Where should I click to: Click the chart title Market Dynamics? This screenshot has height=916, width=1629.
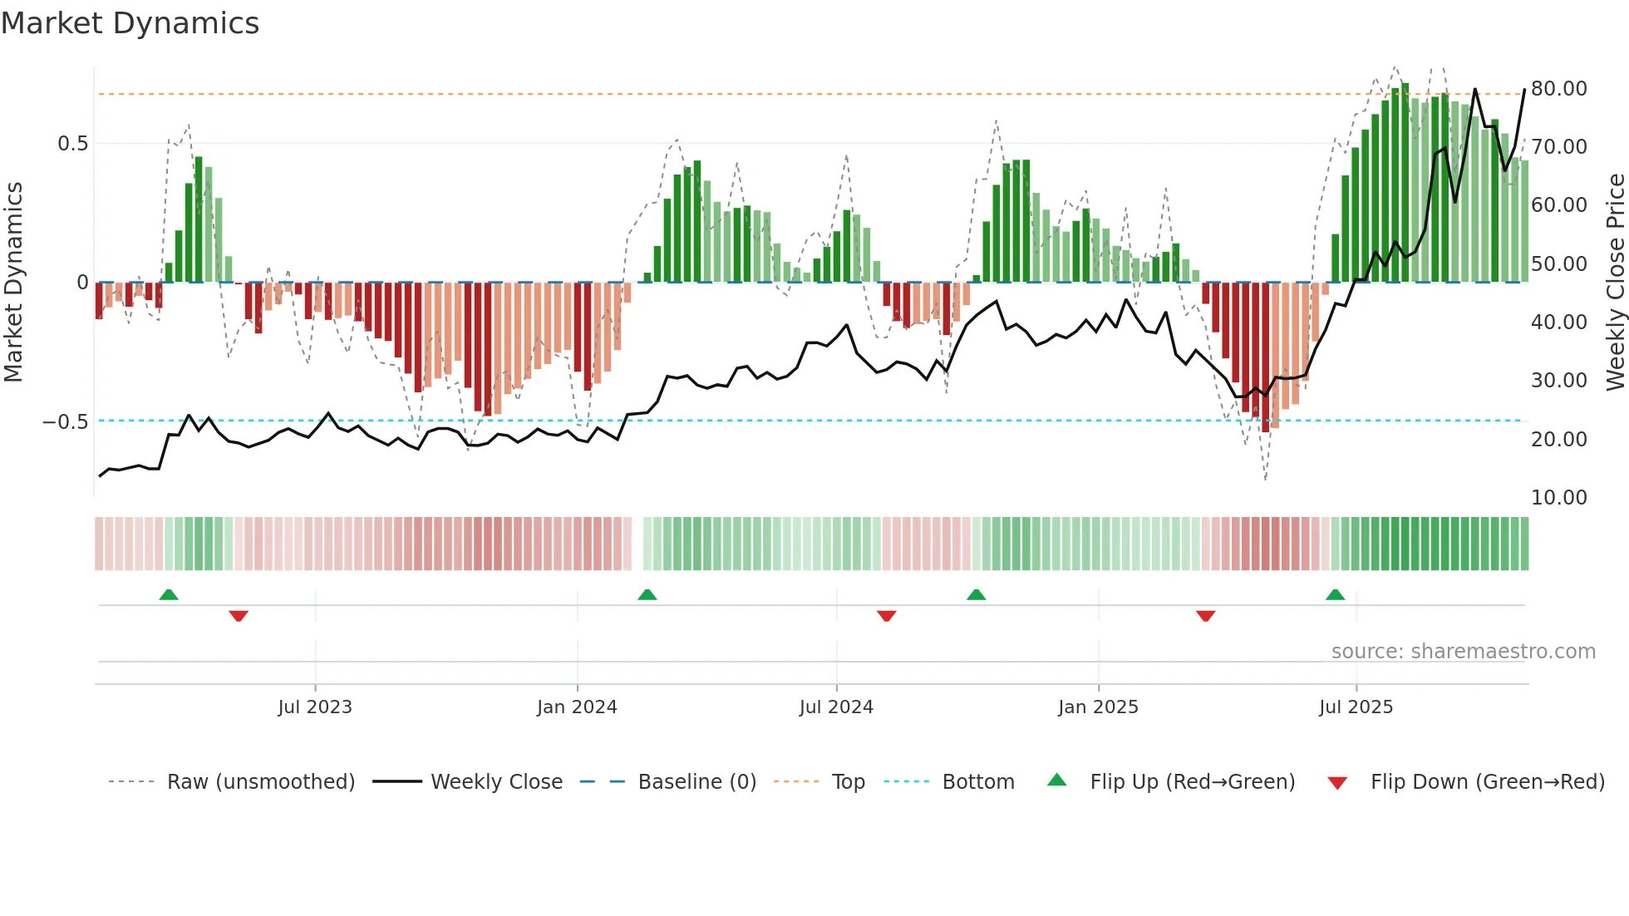(x=130, y=23)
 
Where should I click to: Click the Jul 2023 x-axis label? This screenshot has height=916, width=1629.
(x=315, y=707)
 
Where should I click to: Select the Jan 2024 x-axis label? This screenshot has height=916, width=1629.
(x=577, y=707)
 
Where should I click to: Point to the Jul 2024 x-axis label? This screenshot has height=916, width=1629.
(x=836, y=707)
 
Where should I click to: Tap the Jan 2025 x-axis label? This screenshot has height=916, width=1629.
(x=1098, y=707)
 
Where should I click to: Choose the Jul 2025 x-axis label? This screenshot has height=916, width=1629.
(x=1356, y=707)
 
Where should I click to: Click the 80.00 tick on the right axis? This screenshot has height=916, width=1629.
(x=1558, y=89)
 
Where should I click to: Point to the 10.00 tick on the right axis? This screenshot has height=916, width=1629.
(x=1558, y=498)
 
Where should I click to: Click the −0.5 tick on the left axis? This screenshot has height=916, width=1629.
(x=66, y=422)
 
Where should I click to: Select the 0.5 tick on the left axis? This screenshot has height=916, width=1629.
(x=72, y=144)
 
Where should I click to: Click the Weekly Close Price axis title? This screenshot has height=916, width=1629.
(x=1615, y=283)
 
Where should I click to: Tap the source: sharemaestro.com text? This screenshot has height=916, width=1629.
(x=1463, y=652)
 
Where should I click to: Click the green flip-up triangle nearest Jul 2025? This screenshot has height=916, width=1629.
(x=1335, y=595)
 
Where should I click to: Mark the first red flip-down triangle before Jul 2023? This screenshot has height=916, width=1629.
(x=239, y=616)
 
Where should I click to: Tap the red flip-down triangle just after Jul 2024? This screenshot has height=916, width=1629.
(x=886, y=616)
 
